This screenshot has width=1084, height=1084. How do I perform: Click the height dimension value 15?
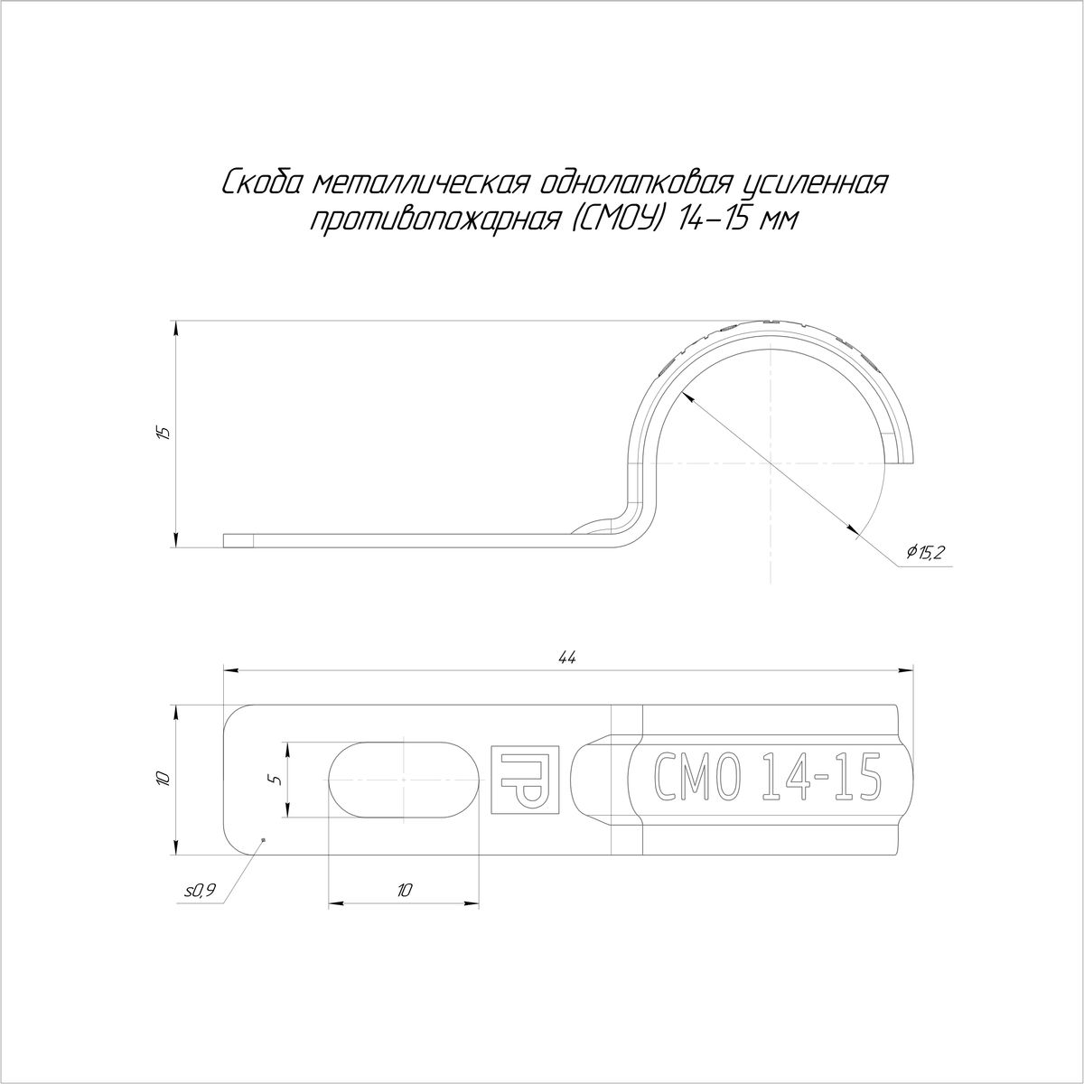[164, 433]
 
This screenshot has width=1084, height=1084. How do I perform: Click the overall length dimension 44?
[569, 657]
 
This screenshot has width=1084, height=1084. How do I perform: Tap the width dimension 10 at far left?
[164, 779]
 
